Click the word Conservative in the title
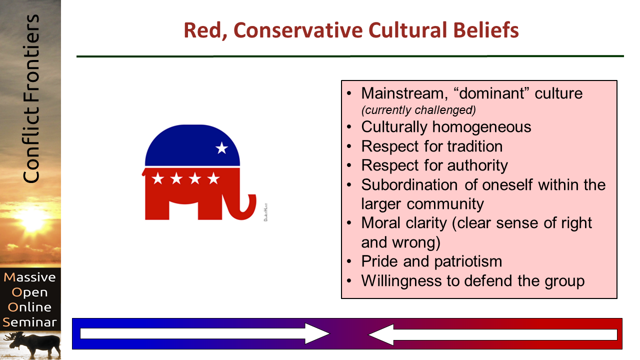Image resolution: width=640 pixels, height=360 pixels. tap(298, 30)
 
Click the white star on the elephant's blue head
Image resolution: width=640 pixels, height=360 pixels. tap(221, 148)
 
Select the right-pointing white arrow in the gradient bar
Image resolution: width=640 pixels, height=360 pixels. tap(205, 333)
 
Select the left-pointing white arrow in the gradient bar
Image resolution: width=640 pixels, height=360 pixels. tap(492, 334)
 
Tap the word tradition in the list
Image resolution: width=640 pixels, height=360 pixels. tap(475, 146)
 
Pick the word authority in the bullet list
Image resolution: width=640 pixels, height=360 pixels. tap(477, 165)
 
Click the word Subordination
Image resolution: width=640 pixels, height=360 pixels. tap(409, 185)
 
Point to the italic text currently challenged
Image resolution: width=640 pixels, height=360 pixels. tap(418, 110)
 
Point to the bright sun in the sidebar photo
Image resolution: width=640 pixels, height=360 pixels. tap(32, 220)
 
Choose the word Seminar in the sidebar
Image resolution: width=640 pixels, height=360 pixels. tap(29, 322)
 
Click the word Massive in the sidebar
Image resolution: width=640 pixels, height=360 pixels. tap(29, 277)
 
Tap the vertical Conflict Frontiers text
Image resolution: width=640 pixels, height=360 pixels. tap(31, 99)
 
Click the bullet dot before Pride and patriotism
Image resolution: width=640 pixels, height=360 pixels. tap(349, 261)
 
